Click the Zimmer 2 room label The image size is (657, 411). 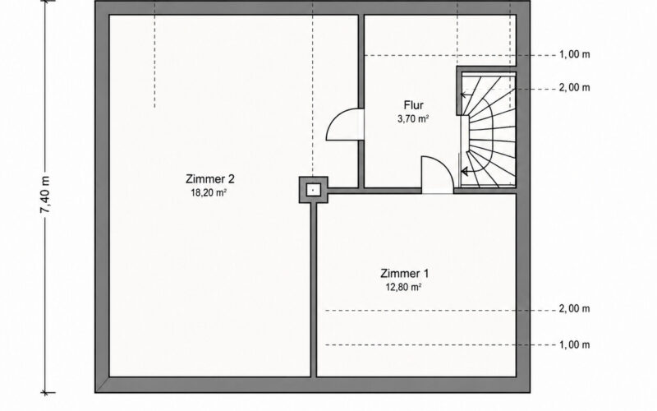click(x=210, y=179)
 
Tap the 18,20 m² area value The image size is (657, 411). click(x=209, y=193)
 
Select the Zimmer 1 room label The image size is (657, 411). click(x=404, y=274)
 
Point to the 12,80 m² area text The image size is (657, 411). click(x=403, y=287)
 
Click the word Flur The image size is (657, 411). click(x=414, y=105)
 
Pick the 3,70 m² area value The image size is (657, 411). click(x=413, y=118)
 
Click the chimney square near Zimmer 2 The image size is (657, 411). click(x=313, y=190)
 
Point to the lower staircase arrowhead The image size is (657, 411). click(x=464, y=171)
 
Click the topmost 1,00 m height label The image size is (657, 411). click(x=574, y=54)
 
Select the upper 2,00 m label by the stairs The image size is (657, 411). click(x=574, y=88)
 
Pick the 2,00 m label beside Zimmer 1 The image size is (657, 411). click(x=574, y=309)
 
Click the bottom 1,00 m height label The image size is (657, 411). click(x=574, y=344)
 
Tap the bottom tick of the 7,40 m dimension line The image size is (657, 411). click(x=46, y=393)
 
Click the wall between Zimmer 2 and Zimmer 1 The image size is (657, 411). click(x=314, y=289)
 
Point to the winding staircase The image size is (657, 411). click(x=488, y=130)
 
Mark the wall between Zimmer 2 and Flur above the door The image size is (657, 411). click(x=361, y=62)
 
